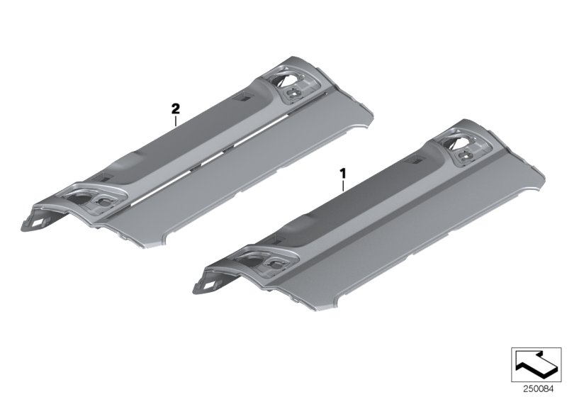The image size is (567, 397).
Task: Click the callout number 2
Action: pyautogui.click(x=175, y=108)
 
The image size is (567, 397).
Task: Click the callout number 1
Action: pyautogui.click(x=344, y=172)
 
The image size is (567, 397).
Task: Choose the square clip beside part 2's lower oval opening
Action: pyautogui.click(x=105, y=201)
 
